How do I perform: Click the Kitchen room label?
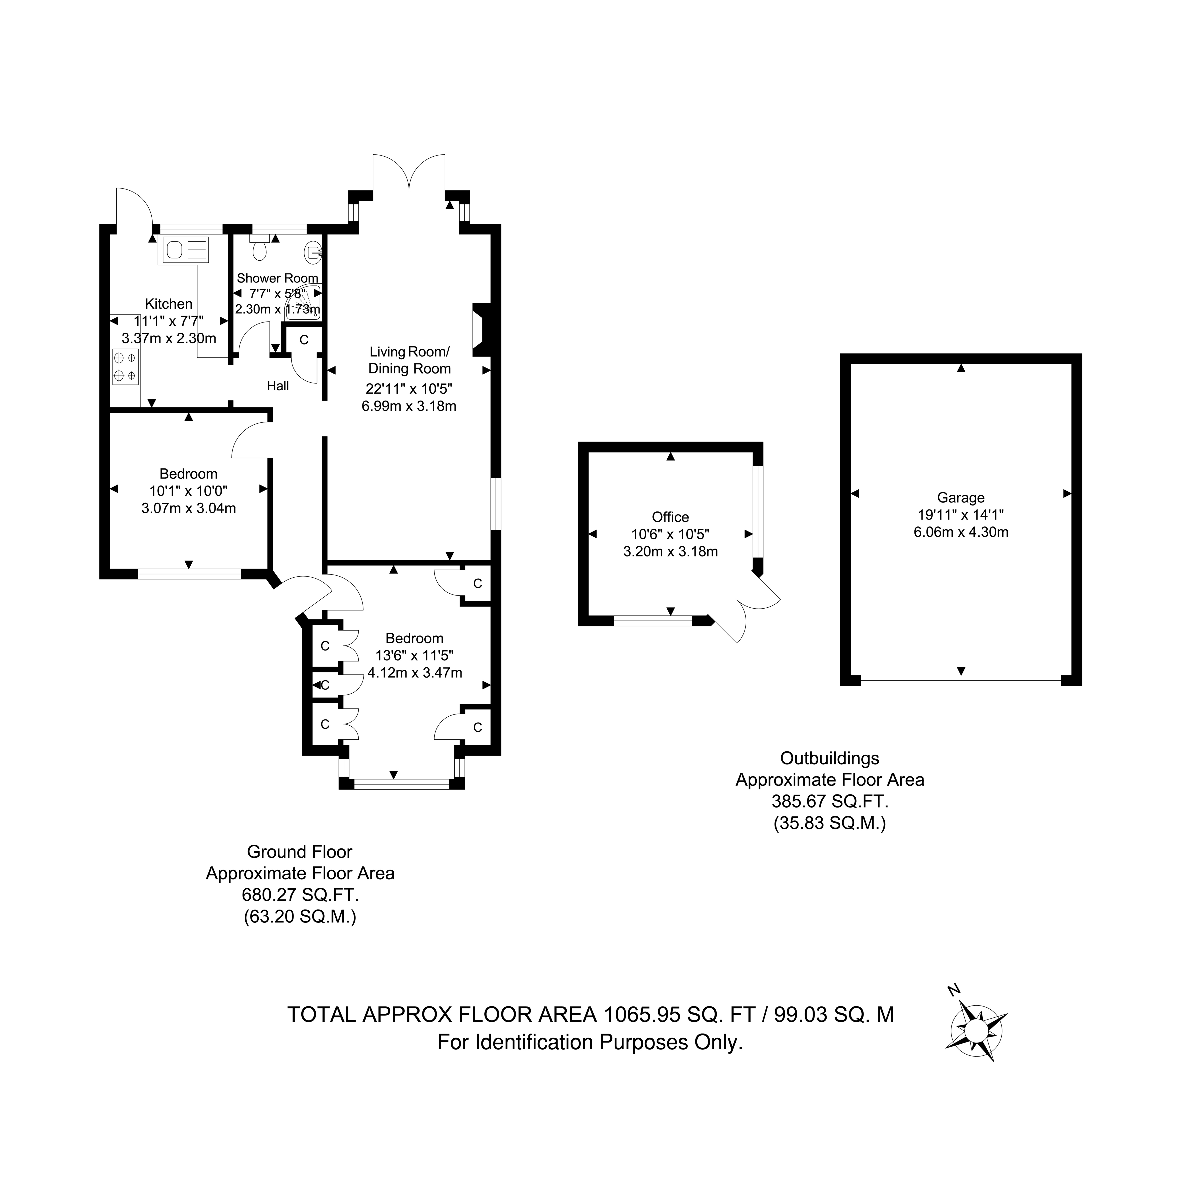(x=169, y=304)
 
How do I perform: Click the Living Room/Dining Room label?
(x=410, y=360)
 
